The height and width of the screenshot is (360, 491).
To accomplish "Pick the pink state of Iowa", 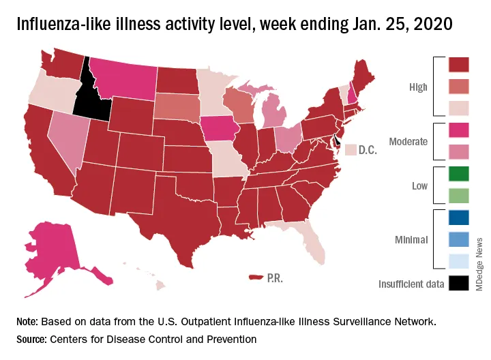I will [x=218, y=127].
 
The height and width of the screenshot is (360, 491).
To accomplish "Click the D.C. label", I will [x=368, y=149].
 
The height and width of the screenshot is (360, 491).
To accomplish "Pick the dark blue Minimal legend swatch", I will [x=458, y=219].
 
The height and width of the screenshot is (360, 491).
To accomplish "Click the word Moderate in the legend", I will [x=408, y=142].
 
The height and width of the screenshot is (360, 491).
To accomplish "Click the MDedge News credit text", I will [x=479, y=266].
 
